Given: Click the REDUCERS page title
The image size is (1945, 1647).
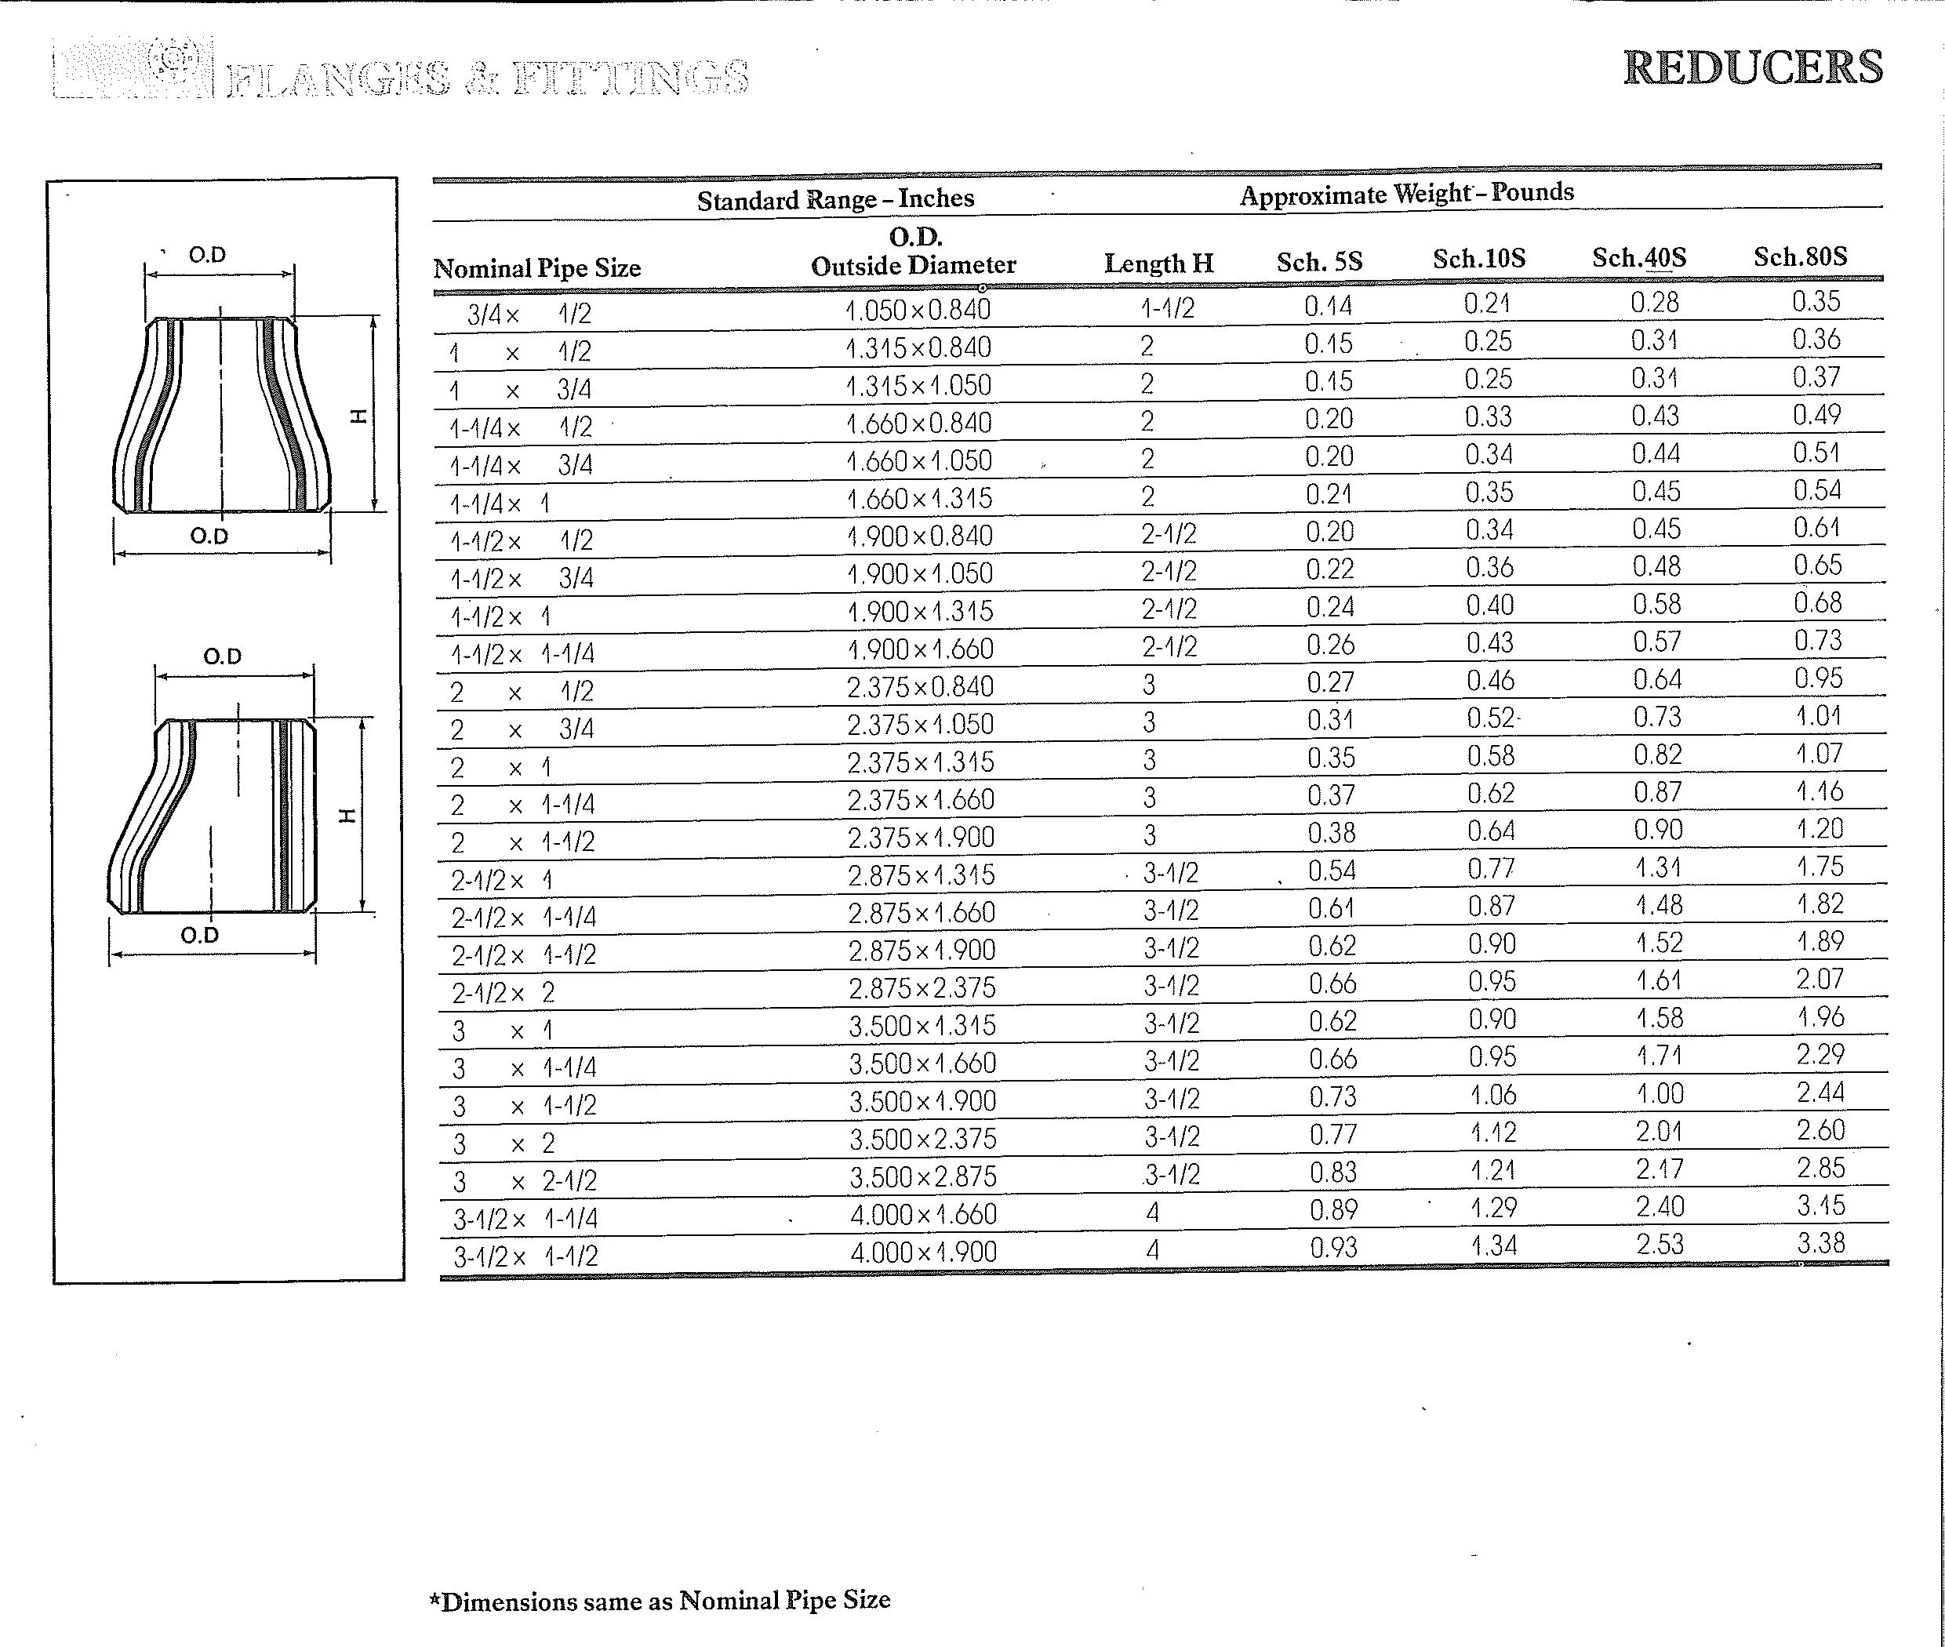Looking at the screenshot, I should [x=1753, y=67].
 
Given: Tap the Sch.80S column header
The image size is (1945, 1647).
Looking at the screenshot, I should [x=1799, y=256].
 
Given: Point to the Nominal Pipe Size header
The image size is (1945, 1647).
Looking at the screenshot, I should [x=537, y=269].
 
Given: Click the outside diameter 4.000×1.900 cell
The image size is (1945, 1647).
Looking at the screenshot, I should [x=923, y=1252].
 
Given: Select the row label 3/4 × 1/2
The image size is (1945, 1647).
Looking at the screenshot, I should [x=529, y=314].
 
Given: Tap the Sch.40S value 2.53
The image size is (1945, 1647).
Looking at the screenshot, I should [x=1660, y=1245].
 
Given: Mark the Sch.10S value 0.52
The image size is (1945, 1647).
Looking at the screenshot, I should [x=1490, y=718].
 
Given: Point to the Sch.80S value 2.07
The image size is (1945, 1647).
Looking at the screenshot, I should [x=1820, y=980].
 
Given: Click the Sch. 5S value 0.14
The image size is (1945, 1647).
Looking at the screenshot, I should [x=1328, y=306].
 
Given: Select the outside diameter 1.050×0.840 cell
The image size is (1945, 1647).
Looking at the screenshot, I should [x=917, y=309].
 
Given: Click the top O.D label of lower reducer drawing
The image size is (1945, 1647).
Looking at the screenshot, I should [x=222, y=656].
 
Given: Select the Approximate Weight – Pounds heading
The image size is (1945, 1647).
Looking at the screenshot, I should [x=1406, y=193].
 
